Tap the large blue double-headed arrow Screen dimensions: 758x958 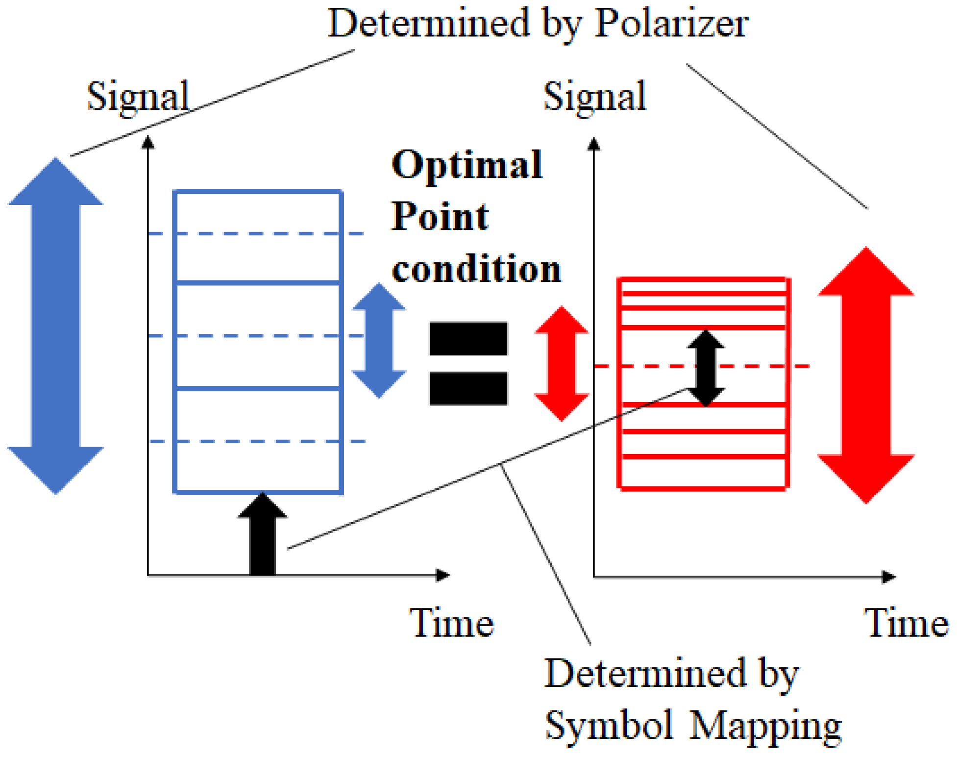pyautogui.click(x=55, y=326)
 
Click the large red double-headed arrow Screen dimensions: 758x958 pyautogui.click(x=866, y=375)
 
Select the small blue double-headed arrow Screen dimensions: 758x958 pyautogui.click(x=379, y=340)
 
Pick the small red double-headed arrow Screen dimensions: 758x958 pyautogui.click(x=561, y=363)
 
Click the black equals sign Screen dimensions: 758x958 pyautogui.click(x=468, y=363)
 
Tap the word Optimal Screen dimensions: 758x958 pyautogui.click(x=467, y=165)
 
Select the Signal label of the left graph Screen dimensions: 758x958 pyautogui.click(x=138, y=97)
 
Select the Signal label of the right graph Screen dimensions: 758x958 pyautogui.click(x=594, y=97)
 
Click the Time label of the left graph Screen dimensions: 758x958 pyautogui.click(x=451, y=623)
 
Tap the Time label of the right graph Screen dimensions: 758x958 pyautogui.click(x=906, y=623)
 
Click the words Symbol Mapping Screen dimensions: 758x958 pyautogui.click(x=693, y=725)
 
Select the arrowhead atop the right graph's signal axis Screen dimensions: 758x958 pyautogui.click(x=593, y=144)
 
